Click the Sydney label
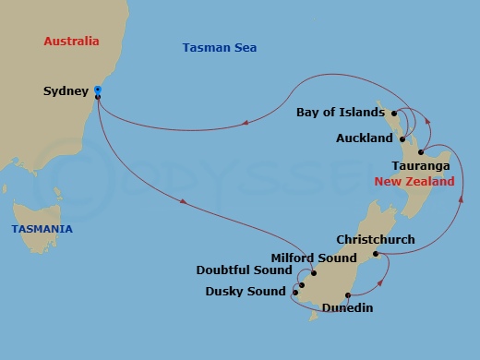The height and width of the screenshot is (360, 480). coord(66,90)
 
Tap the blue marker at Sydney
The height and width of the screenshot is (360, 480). coord(97,90)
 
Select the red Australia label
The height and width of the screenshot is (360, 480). coord(71,42)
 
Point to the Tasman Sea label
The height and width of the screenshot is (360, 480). coord(220,47)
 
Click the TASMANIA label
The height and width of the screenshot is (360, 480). coord(42,229)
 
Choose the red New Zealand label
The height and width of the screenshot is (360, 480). coord(414,182)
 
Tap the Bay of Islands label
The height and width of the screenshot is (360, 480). coord(341,113)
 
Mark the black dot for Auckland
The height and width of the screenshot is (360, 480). coord(402,139)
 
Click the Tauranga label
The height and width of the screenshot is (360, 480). coord(421,165)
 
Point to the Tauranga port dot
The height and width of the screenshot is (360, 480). coord(420,152)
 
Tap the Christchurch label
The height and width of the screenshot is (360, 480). coord(376,239)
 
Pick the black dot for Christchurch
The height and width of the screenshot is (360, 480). coord(375,254)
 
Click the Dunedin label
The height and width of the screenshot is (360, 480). coord(348,307)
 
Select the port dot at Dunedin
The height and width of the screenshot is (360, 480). coord(347,295)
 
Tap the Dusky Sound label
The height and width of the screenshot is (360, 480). coord(245,292)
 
